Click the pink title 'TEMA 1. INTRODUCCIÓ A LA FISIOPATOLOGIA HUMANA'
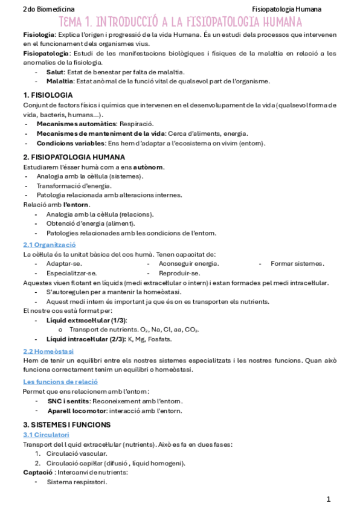pyautogui.click(x=180, y=22)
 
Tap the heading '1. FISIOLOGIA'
pyautogui.click(x=48, y=95)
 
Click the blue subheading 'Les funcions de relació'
pyautogui.click(x=60, y=382)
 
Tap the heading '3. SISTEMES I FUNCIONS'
pyautogui.click(x=67, y=424)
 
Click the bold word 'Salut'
pyautogui.click(x=55, y=72)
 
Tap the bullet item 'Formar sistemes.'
pyautogui.click(x=297, y=264)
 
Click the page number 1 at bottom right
pyautogui.click(x=329, y=499)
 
